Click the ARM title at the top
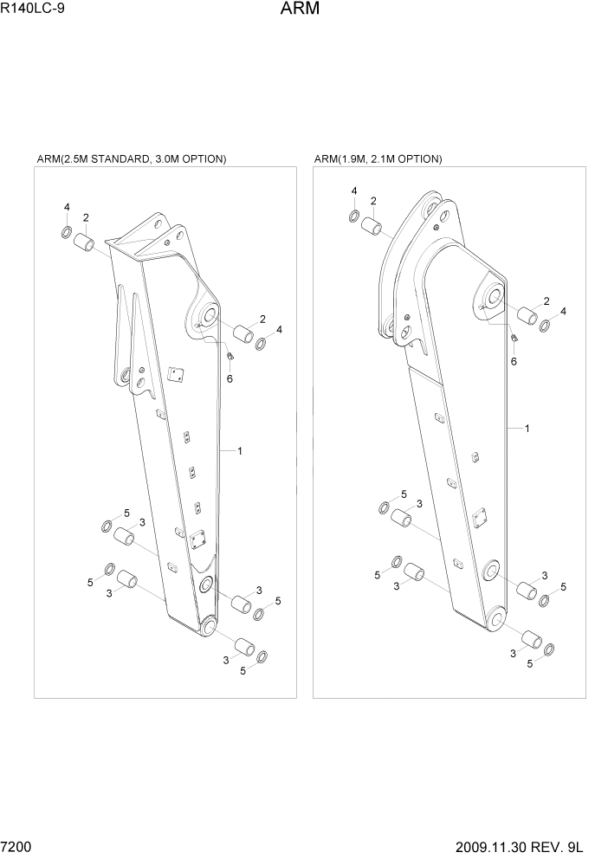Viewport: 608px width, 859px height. pos(301,10)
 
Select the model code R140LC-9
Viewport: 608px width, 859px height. pos(32,10)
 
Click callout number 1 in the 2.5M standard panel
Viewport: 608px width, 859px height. pos(239,450)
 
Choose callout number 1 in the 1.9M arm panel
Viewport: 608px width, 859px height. pos(527,429)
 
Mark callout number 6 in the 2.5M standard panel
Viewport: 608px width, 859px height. pos(230,378)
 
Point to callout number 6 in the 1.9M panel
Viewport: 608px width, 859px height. pos(514,361)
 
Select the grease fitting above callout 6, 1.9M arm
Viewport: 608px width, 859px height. pos(514,338)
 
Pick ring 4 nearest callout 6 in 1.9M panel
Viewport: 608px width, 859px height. pos(545,326)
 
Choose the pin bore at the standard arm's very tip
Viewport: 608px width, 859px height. pos(207,627)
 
